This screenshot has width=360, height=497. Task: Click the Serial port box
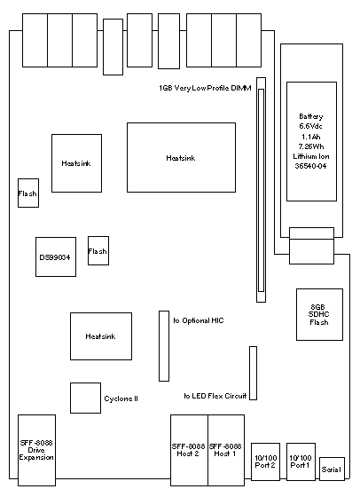click(332, 469)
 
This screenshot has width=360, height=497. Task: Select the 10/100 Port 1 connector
click(301, 461)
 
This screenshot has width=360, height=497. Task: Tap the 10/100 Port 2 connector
click(265, 461)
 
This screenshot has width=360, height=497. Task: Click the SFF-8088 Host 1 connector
click(226, 450)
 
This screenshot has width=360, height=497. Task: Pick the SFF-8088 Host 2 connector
click(190, 450)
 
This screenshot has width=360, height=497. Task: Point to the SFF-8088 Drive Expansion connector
click(36, 450)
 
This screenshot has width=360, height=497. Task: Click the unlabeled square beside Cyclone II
click(85, 398)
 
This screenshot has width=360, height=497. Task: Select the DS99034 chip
click(56, 256)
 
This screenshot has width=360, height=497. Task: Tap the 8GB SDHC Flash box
click(319, 314)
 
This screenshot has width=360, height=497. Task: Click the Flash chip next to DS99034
click(98, 250)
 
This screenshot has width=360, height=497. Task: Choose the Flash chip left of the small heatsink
click(28, 193)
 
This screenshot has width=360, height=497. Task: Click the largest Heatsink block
click(181, 157)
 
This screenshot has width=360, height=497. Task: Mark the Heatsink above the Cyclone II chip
click(101, 336)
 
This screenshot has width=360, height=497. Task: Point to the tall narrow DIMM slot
click(261, 190)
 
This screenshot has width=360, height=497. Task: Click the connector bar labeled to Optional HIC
click(164, 346)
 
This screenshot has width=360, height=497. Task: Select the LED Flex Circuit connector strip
click(253, 373)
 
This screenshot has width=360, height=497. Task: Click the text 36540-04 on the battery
click(310, 166)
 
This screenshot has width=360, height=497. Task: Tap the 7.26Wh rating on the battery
click(311, 146)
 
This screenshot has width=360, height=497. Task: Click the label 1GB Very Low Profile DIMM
click(205, 88)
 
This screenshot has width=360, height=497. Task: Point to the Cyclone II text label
click(121, 398)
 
